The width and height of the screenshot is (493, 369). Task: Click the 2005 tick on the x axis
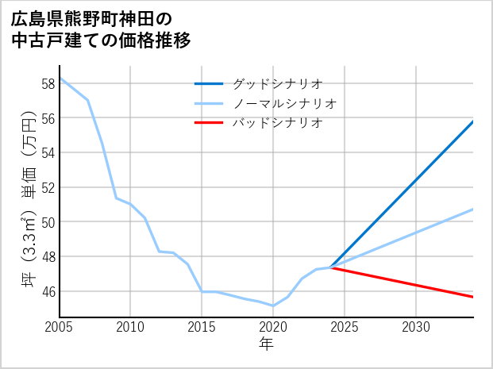pyautogui.click(x=60, y=327)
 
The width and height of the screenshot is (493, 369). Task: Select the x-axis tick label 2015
pyautogui.click(x=202, y=327)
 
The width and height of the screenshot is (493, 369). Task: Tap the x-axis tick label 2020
pyautogui.click(x=273, y=327)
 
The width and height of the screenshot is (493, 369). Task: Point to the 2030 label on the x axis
pyautogui.click(x=416, y=327)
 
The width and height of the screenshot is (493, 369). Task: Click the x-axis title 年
pyautogui.click(x=266, y=344)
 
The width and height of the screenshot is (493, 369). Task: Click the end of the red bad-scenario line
pyautogui.click(x=473, y=297)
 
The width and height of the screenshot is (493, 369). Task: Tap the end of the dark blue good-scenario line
pyautogui.click(x=473, y=121)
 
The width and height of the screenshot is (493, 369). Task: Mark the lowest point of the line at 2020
pyautogui.click(x=273, y=306)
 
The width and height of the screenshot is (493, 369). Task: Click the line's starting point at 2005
pyautogui.click(x=60, y=78)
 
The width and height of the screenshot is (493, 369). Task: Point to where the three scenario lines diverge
pyautogui.click(x=330, y=267)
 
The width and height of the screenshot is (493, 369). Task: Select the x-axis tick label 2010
pyautogui.click(x=130, y=327)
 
